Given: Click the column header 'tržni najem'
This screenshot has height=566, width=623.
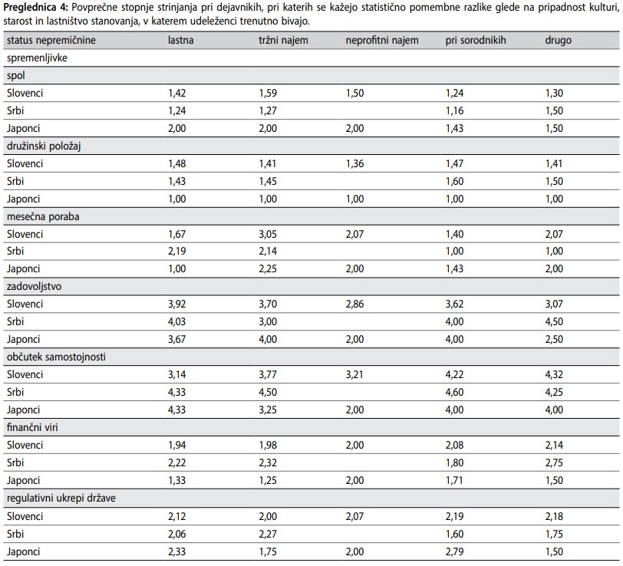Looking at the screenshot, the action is pyautogui.click(x=283, y=40).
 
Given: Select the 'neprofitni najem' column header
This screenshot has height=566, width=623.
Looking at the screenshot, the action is pyautogui.click(x=382, y=40).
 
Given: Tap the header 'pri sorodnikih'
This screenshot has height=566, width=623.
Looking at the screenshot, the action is pyautogui.click(x=476, y=40).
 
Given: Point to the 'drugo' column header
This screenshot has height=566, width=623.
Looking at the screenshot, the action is pyautogui.click(x=559, y=40).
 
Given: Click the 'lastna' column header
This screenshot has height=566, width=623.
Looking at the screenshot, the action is pyautogui.click(x=181, y=40).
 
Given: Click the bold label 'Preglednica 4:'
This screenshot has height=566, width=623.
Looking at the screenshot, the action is pyautogui.click(x=35, y=8).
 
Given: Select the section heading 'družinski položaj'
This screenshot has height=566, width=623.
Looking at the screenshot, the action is pyautogui.click(x=44, y=146).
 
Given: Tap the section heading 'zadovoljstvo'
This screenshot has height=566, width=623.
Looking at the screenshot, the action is pyautogui.click(x=35, y=286).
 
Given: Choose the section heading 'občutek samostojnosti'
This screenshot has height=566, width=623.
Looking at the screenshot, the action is pyautogui.click(x=57, y=357).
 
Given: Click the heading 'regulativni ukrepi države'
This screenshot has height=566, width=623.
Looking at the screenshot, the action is pyautogui.click(x=61, y=498).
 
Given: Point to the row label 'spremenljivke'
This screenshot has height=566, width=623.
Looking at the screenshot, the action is pyautogui.click(x=37, y=58).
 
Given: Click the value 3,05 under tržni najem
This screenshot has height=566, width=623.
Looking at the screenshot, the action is pyautogui.click(x=268, y=234).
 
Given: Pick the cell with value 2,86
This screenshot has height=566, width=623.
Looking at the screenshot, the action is pyautogui.click(x=354, y=304).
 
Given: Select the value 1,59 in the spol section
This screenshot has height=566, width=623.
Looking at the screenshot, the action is pyautogui.click(x=268, y=94).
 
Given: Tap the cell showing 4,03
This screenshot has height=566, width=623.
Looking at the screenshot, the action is pyautogui.click(x=176, y=321).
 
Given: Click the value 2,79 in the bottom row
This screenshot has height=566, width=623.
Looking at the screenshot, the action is pyautogui.click(x=454, y=551).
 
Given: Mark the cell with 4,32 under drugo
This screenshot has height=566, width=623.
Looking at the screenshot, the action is pyautogui.click(x=554, y=374).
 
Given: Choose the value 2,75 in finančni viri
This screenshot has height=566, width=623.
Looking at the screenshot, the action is pyautogui.click(x=554, y=462).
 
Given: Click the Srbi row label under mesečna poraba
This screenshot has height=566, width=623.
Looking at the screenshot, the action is pyautogui.click(x=15, y=251).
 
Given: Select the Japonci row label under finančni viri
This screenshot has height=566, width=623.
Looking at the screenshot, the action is pyautogui.click(x=24, y=481).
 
